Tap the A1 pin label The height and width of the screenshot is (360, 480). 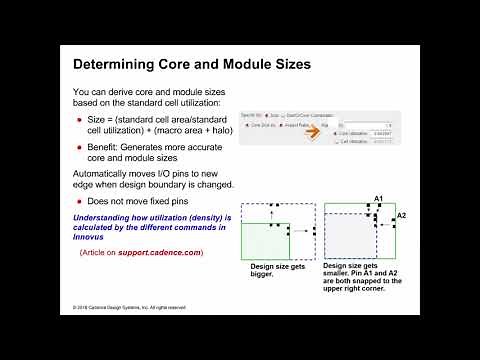click(x=379, y=198)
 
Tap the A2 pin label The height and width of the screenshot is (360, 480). click(x=401, y=215)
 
